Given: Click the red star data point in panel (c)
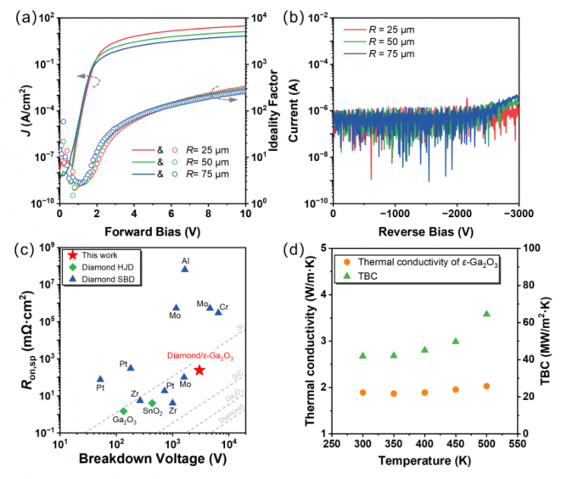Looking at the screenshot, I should tap(199, 370).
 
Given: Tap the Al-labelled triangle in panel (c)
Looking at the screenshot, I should tap(185, 269).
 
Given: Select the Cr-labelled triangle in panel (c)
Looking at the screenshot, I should tap(218, 312).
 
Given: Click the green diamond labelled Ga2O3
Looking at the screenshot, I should tap(124, 411).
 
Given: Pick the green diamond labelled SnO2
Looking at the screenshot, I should tap(153, 403).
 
